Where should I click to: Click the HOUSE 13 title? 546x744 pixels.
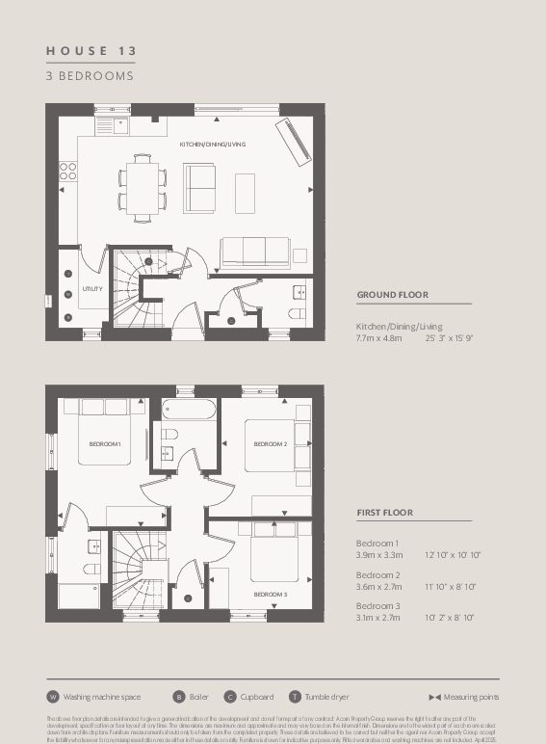coord(91,49)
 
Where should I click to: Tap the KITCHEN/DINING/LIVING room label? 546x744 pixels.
coord(212,145)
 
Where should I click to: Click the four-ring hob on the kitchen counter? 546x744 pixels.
coord(68,171)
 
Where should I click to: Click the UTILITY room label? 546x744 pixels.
coord(92,288)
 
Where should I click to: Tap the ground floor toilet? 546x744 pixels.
coord(297,314)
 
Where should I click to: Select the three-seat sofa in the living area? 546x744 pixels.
coord(255,252)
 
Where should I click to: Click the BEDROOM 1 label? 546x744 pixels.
coord(104,443)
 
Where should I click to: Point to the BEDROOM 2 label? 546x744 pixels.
coord(271,443)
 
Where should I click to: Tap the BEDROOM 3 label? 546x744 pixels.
coord(271,595)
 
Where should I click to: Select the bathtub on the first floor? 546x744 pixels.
coord(191,409)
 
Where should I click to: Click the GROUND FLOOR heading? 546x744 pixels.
coord(392,295)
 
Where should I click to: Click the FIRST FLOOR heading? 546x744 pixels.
coord(385,513)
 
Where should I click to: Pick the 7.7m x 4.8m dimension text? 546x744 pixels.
coord(383,338)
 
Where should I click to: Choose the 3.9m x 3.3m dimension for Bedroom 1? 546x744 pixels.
coord(377,556)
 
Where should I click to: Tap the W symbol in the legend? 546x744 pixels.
coord(53,697)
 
